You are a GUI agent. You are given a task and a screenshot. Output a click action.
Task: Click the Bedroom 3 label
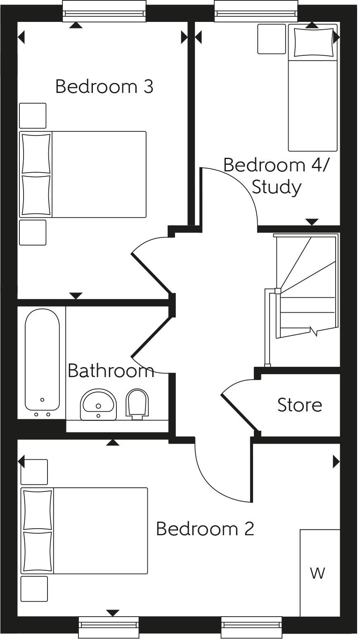point(104,87)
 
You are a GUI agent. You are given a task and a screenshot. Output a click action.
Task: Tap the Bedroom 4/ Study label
point(276,176)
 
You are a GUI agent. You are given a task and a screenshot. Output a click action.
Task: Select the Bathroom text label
point(111,370)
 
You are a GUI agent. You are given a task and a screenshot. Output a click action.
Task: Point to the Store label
point(299,405)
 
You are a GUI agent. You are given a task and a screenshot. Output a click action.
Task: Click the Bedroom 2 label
point(205,529)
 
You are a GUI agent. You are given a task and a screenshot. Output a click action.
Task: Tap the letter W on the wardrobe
point(317,573)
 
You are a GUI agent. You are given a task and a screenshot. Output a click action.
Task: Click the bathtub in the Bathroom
point(42,359)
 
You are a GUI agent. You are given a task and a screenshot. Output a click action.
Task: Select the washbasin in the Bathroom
point(99,404)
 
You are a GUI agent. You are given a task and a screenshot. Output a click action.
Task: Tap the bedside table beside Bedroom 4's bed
point(272,39)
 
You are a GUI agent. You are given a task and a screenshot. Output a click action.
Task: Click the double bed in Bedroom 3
point(83,174)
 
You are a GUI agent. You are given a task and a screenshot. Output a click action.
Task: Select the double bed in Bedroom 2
point(84,531)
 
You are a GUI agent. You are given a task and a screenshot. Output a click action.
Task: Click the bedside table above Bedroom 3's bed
point(33,116)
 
